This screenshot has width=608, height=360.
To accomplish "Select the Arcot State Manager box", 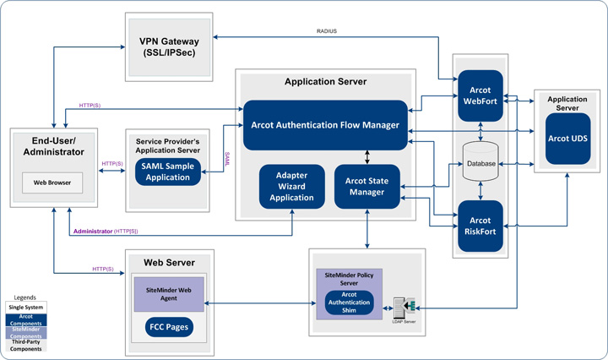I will tap(366, 187).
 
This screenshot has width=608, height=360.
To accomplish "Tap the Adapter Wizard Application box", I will tap(292, 187).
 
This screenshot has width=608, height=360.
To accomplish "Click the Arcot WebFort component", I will tap(480, 97).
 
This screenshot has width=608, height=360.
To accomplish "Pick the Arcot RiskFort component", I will tap(480, 226).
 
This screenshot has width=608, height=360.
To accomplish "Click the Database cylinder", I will tap(480, 162).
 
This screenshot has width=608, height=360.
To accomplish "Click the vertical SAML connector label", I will tap(227, 157).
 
